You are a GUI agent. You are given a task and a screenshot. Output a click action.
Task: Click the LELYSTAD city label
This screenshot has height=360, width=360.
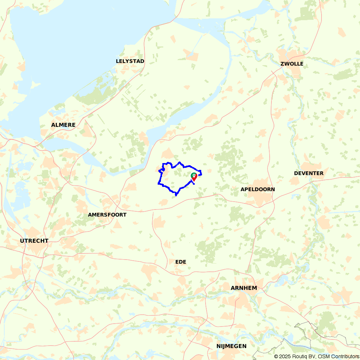point(130,61)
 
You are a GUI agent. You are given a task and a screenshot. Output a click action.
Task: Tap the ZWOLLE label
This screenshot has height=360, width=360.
point(292,64)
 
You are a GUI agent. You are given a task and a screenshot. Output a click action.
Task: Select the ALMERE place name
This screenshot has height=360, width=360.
point(63,125)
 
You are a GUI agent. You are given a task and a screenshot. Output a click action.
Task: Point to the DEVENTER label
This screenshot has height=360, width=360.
point(309,173)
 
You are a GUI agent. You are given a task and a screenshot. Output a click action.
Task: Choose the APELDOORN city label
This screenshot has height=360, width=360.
point(258,189)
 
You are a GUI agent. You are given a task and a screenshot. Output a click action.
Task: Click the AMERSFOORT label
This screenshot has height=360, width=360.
point(107,215)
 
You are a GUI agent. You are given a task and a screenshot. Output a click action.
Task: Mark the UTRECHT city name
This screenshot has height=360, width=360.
point(34,241)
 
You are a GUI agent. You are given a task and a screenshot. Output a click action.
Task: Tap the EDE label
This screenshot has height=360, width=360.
point(181,262)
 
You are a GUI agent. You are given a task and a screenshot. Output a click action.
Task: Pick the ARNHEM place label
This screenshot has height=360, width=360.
point(244,288)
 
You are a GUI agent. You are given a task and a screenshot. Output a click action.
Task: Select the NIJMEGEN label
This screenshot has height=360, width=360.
point(231,346)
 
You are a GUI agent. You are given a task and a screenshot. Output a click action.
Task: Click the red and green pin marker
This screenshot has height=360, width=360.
point(194,177)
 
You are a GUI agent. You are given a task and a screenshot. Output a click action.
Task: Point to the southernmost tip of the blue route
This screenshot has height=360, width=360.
point(176,195)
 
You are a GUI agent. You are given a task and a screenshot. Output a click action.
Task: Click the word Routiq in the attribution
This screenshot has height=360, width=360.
point(301,356)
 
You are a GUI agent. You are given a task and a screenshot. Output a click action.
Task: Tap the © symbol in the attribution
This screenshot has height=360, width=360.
point(276,356)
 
